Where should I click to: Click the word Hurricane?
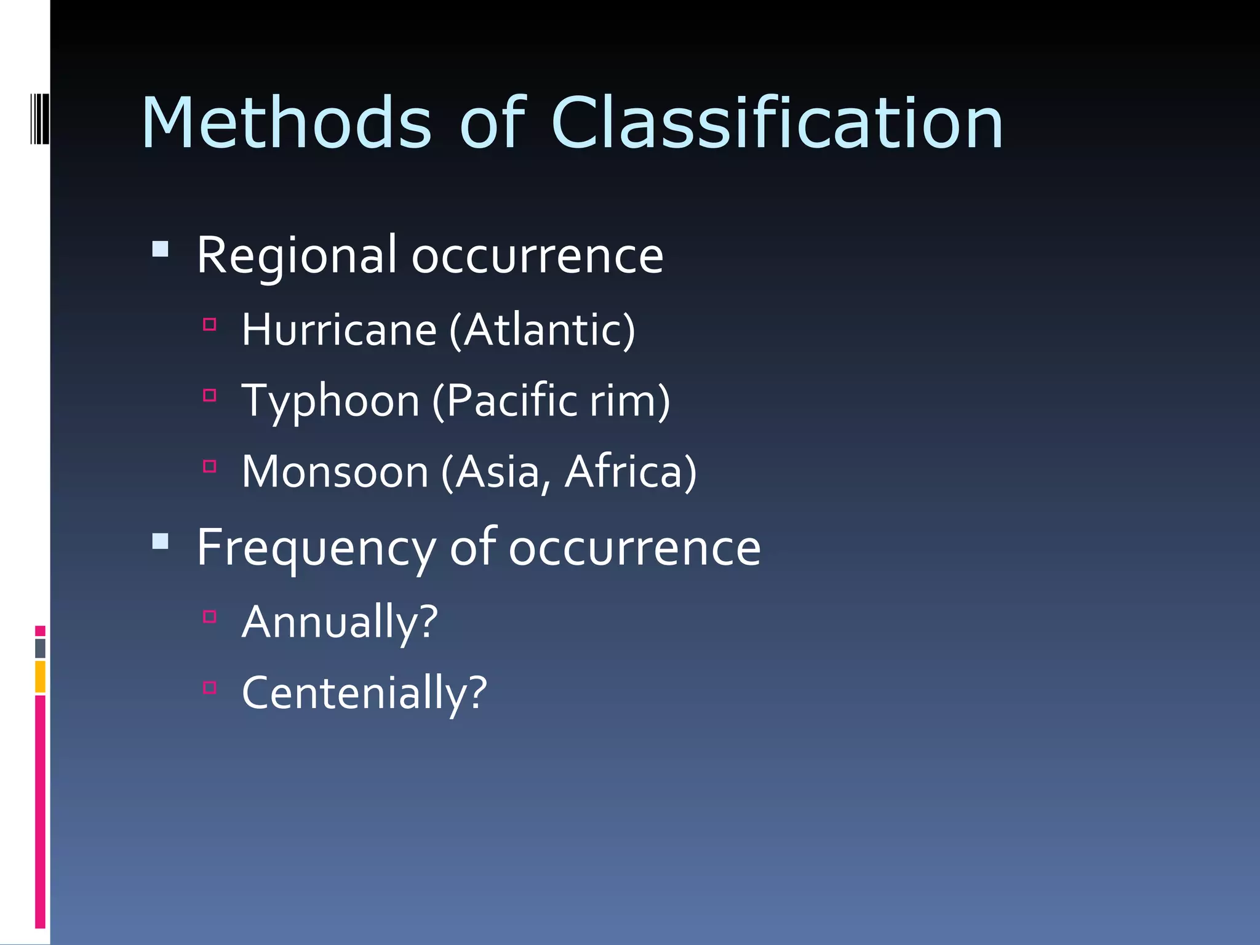(x=339, y=330)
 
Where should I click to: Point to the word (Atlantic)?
(x=542, y=330)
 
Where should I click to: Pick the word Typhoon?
(x=330, y=401)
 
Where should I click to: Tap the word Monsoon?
(x=335, y=472)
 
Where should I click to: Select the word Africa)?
(x=631, y=472)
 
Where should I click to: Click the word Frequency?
(x=316, y=548)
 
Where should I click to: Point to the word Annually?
(x=340, y=623)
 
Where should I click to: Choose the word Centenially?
(x=364, y=693)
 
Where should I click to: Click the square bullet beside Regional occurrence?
(x=161, y=249)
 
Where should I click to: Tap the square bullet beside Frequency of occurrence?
(x=161, y=541)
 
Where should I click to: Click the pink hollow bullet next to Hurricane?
(x=210, y=324)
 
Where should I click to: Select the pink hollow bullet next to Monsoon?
(x=210, y=466)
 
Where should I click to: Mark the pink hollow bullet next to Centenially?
(x=210, y=687)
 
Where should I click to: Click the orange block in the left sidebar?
(x=40, y=676)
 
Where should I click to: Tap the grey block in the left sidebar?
(x=40, y=648)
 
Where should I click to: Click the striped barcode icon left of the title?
(x=39, y=119)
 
